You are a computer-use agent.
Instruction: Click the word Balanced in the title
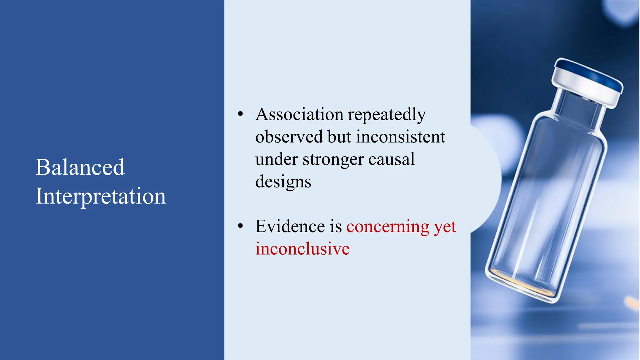pos(80,167)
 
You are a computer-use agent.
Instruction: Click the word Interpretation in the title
pos(101,196)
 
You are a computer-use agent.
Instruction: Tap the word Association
pos(299,114)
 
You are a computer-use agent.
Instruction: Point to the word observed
pos(289,137)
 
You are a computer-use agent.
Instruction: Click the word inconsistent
pos(400,137)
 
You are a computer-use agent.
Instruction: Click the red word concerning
pos(388,227)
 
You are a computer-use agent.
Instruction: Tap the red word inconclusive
pos(302,249)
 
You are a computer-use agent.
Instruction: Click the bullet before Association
pos(240,114)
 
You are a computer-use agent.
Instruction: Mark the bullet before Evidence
pos(240,226)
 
